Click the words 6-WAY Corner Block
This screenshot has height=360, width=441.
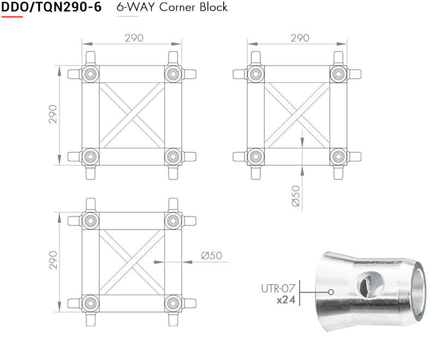172,8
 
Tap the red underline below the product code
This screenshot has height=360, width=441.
12,16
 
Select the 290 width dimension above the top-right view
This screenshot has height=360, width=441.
300,38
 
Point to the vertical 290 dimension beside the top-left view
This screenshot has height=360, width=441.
53,114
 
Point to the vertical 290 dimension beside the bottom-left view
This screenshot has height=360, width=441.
53,261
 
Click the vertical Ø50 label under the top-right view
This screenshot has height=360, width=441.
296,195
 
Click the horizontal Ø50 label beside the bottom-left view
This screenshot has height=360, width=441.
211,255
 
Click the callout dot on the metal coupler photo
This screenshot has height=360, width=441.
331,291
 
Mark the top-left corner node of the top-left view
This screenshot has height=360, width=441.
90,73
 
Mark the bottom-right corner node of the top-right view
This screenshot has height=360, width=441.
338,157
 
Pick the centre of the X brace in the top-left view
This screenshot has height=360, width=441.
132,115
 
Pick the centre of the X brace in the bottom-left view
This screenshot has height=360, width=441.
132,261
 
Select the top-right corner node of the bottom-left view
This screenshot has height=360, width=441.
173,220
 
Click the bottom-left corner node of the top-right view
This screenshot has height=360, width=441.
255,157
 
